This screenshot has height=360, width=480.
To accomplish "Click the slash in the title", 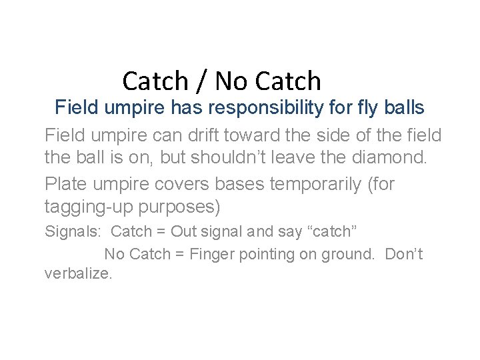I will (x=202, y=81).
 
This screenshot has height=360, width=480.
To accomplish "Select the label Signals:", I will (x=71, y=233).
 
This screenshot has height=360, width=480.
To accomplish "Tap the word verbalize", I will (x=78, y=273).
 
